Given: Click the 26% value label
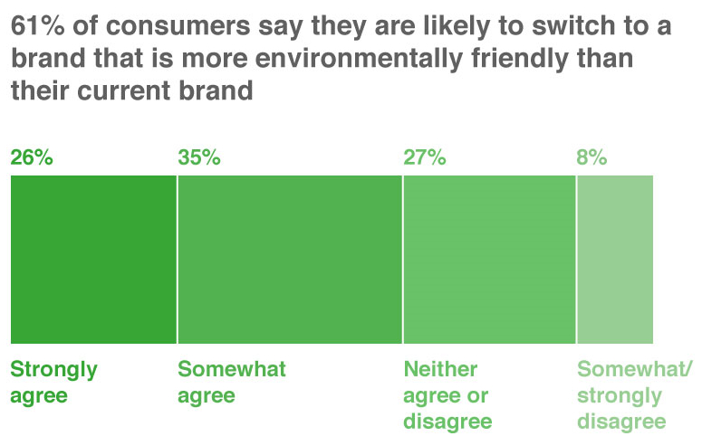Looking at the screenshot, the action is click(x=32, y=157).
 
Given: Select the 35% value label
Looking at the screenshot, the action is click(x=199, y=157).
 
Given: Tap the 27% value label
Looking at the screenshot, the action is click(x=425, y=157).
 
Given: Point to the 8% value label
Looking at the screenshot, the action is click(x=591, y=157).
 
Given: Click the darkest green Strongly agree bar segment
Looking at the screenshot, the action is click(x=93, y=260).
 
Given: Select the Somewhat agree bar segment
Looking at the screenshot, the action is click(x=290, y=260).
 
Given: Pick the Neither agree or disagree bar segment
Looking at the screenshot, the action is click(x=489, y=260).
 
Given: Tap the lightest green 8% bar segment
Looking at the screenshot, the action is click(x=615, y=260).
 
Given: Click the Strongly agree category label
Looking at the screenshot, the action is click(x=53, y=383).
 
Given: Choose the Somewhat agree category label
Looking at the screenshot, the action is click(x=232, y=383).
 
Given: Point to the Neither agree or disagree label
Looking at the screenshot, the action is click(x=447, y=395).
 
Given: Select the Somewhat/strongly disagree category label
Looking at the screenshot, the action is click(x=634, y=395).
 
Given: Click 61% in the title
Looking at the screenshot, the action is click(x=38, y=25).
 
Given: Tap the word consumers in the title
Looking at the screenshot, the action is click(x=178, y=26).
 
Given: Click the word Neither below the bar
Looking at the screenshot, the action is click(x=440, y=369).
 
